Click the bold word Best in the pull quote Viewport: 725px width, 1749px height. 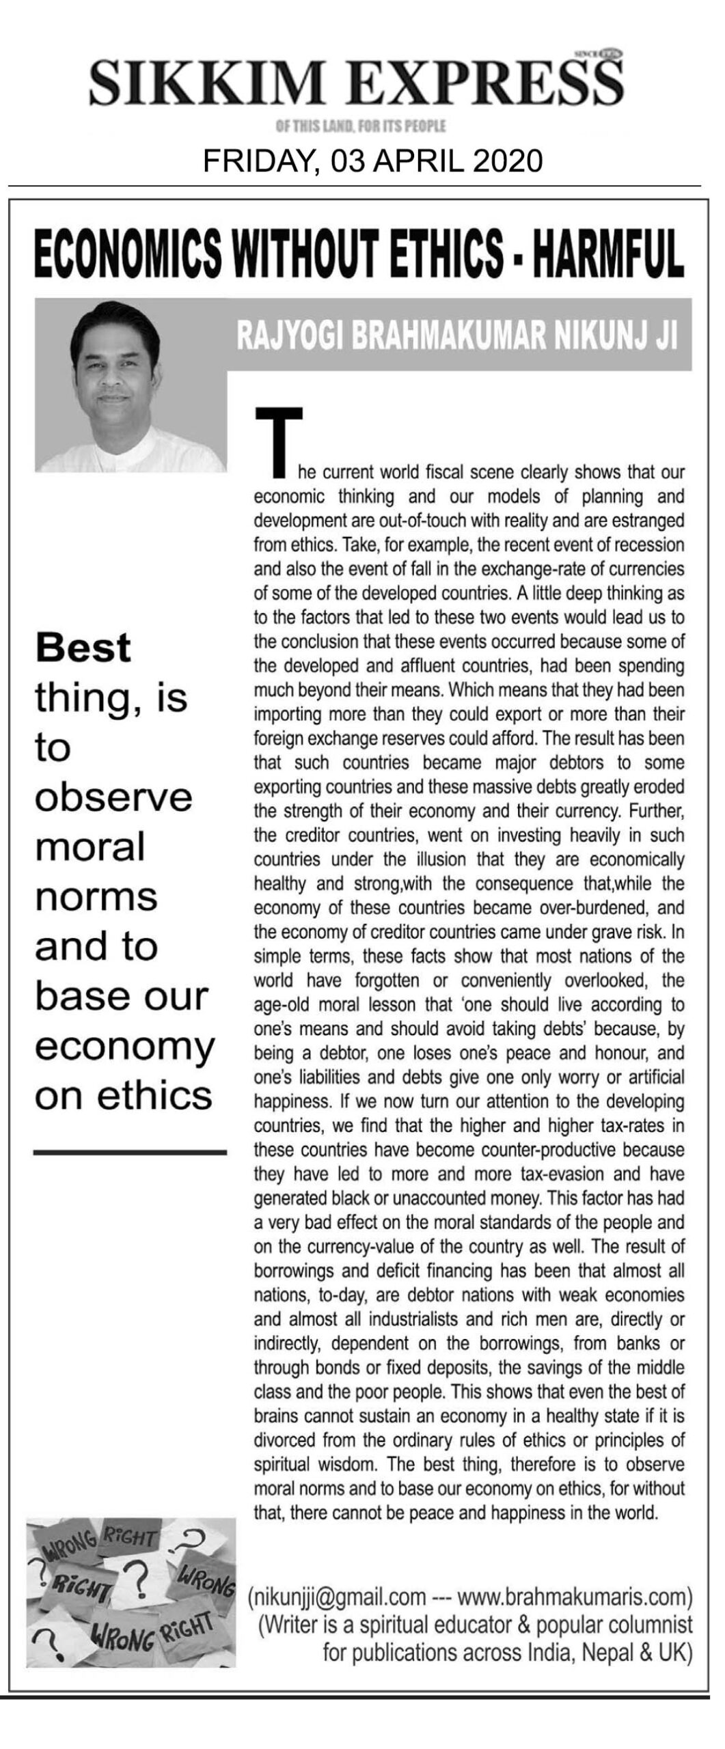[x=83, y=647]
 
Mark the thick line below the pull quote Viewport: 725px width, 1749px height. [x=129, y=1153]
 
